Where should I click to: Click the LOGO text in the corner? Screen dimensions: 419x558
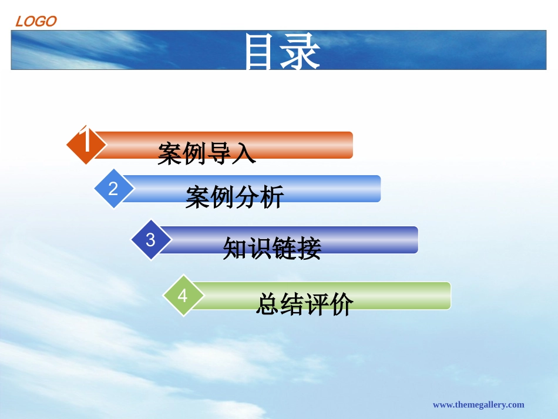[36, 22]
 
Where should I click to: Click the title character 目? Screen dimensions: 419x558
[262, 52]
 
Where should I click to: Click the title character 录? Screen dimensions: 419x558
[301, 52]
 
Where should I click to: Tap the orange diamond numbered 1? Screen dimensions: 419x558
[86, 143]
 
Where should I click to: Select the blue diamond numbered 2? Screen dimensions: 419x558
[114, 188]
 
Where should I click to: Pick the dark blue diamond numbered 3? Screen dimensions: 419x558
[151, 240]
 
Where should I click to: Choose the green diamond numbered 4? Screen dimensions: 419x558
[183, 296]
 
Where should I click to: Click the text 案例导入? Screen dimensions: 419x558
[207, 153]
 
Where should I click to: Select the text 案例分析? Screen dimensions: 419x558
[235, 197]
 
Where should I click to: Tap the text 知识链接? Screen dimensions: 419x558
[272, 249]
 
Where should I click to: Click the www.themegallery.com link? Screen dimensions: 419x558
[478, 404]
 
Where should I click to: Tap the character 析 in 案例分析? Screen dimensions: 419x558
[273, 197]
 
